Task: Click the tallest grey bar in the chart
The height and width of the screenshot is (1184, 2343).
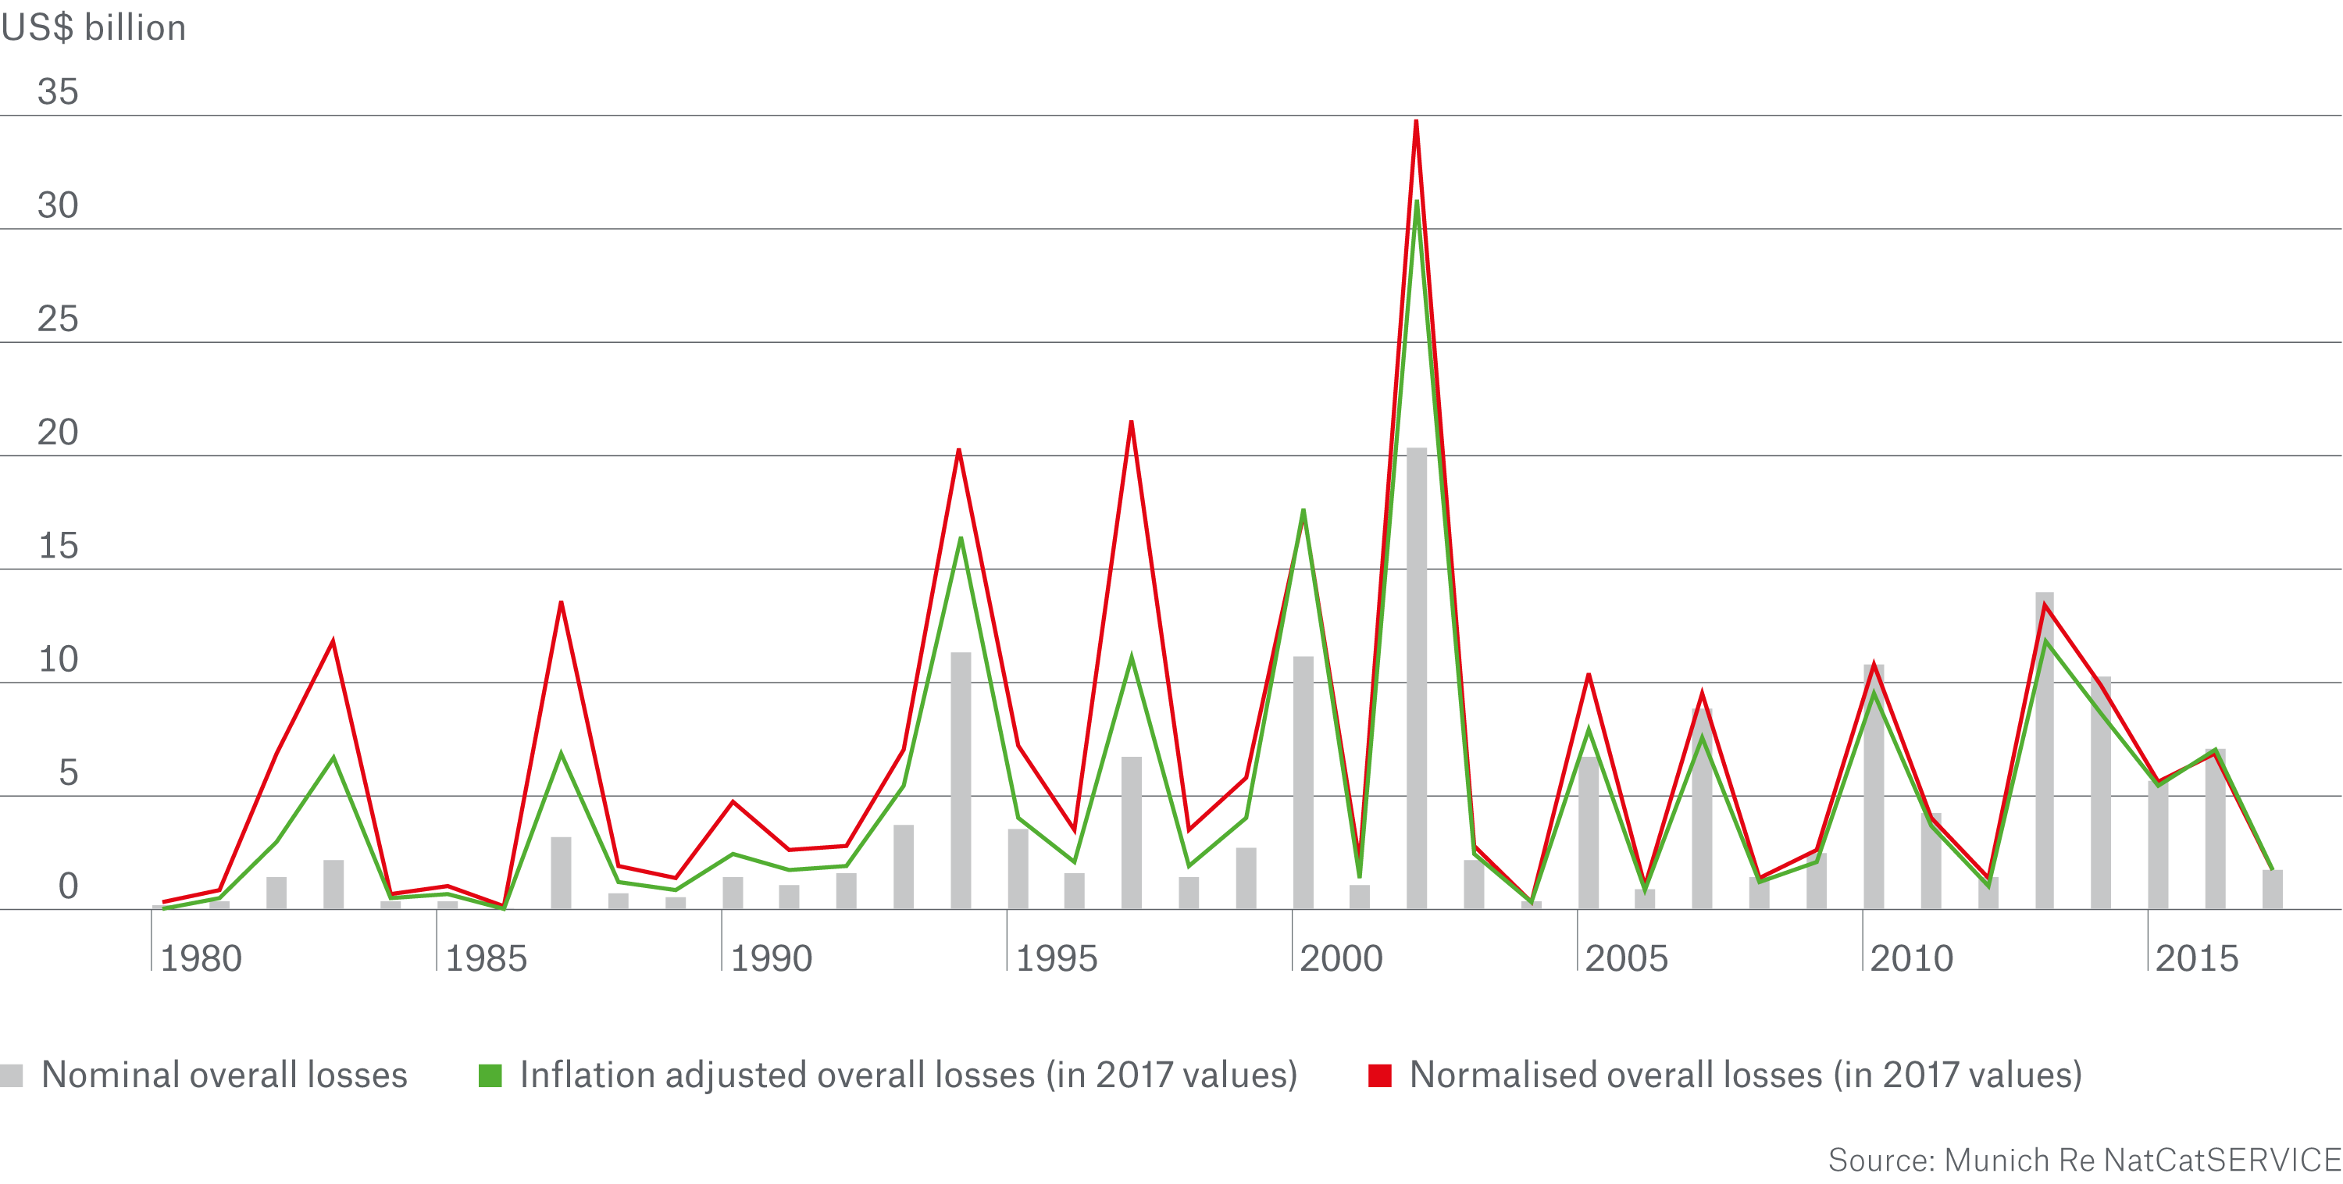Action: pyautogui.click(x=1416, y=677)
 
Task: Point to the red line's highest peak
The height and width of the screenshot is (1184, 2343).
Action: pyautogui.click(x=1416, y=122)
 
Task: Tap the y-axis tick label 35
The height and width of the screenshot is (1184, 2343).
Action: pyautogui.click(x=57, y=92)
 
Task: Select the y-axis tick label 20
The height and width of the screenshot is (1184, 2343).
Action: pyautogui.click(x=57, y=432)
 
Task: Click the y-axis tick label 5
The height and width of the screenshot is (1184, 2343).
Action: pyautogui.click(x=68, y=773)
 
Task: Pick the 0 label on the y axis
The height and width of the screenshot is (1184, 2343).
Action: pyautogui.click(x=68, y=886)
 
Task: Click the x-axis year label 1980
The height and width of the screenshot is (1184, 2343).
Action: pyautogui.click(x=201, y=958)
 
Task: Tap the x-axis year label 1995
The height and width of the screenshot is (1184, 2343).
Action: pyautogui.click(x=1056, y=958)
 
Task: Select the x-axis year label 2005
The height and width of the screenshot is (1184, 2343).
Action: pyautogui.click(x=1626, y=958)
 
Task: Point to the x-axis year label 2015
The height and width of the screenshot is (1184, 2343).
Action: pyautogui.click(x=2196, y=958)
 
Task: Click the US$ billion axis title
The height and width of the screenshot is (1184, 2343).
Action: pyautogui.click(x=94, y=28)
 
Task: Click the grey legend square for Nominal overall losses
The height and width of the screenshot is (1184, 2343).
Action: pyautogui.click(x=12, y=1075)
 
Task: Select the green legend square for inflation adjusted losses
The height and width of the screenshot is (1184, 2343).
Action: pyautogui.click(x=490, y=1075)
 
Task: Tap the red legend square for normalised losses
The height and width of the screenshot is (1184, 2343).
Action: pyautogui.click(x=1380, y=1075)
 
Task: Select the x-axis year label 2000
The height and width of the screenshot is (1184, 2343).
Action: pyautogui.click(x=1341, y=958)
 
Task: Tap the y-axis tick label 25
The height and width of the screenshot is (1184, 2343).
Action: pyautogui.click(x=57, y=319)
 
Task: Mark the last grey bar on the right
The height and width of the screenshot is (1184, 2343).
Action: pyautogui.click(x=2272, y=890)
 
